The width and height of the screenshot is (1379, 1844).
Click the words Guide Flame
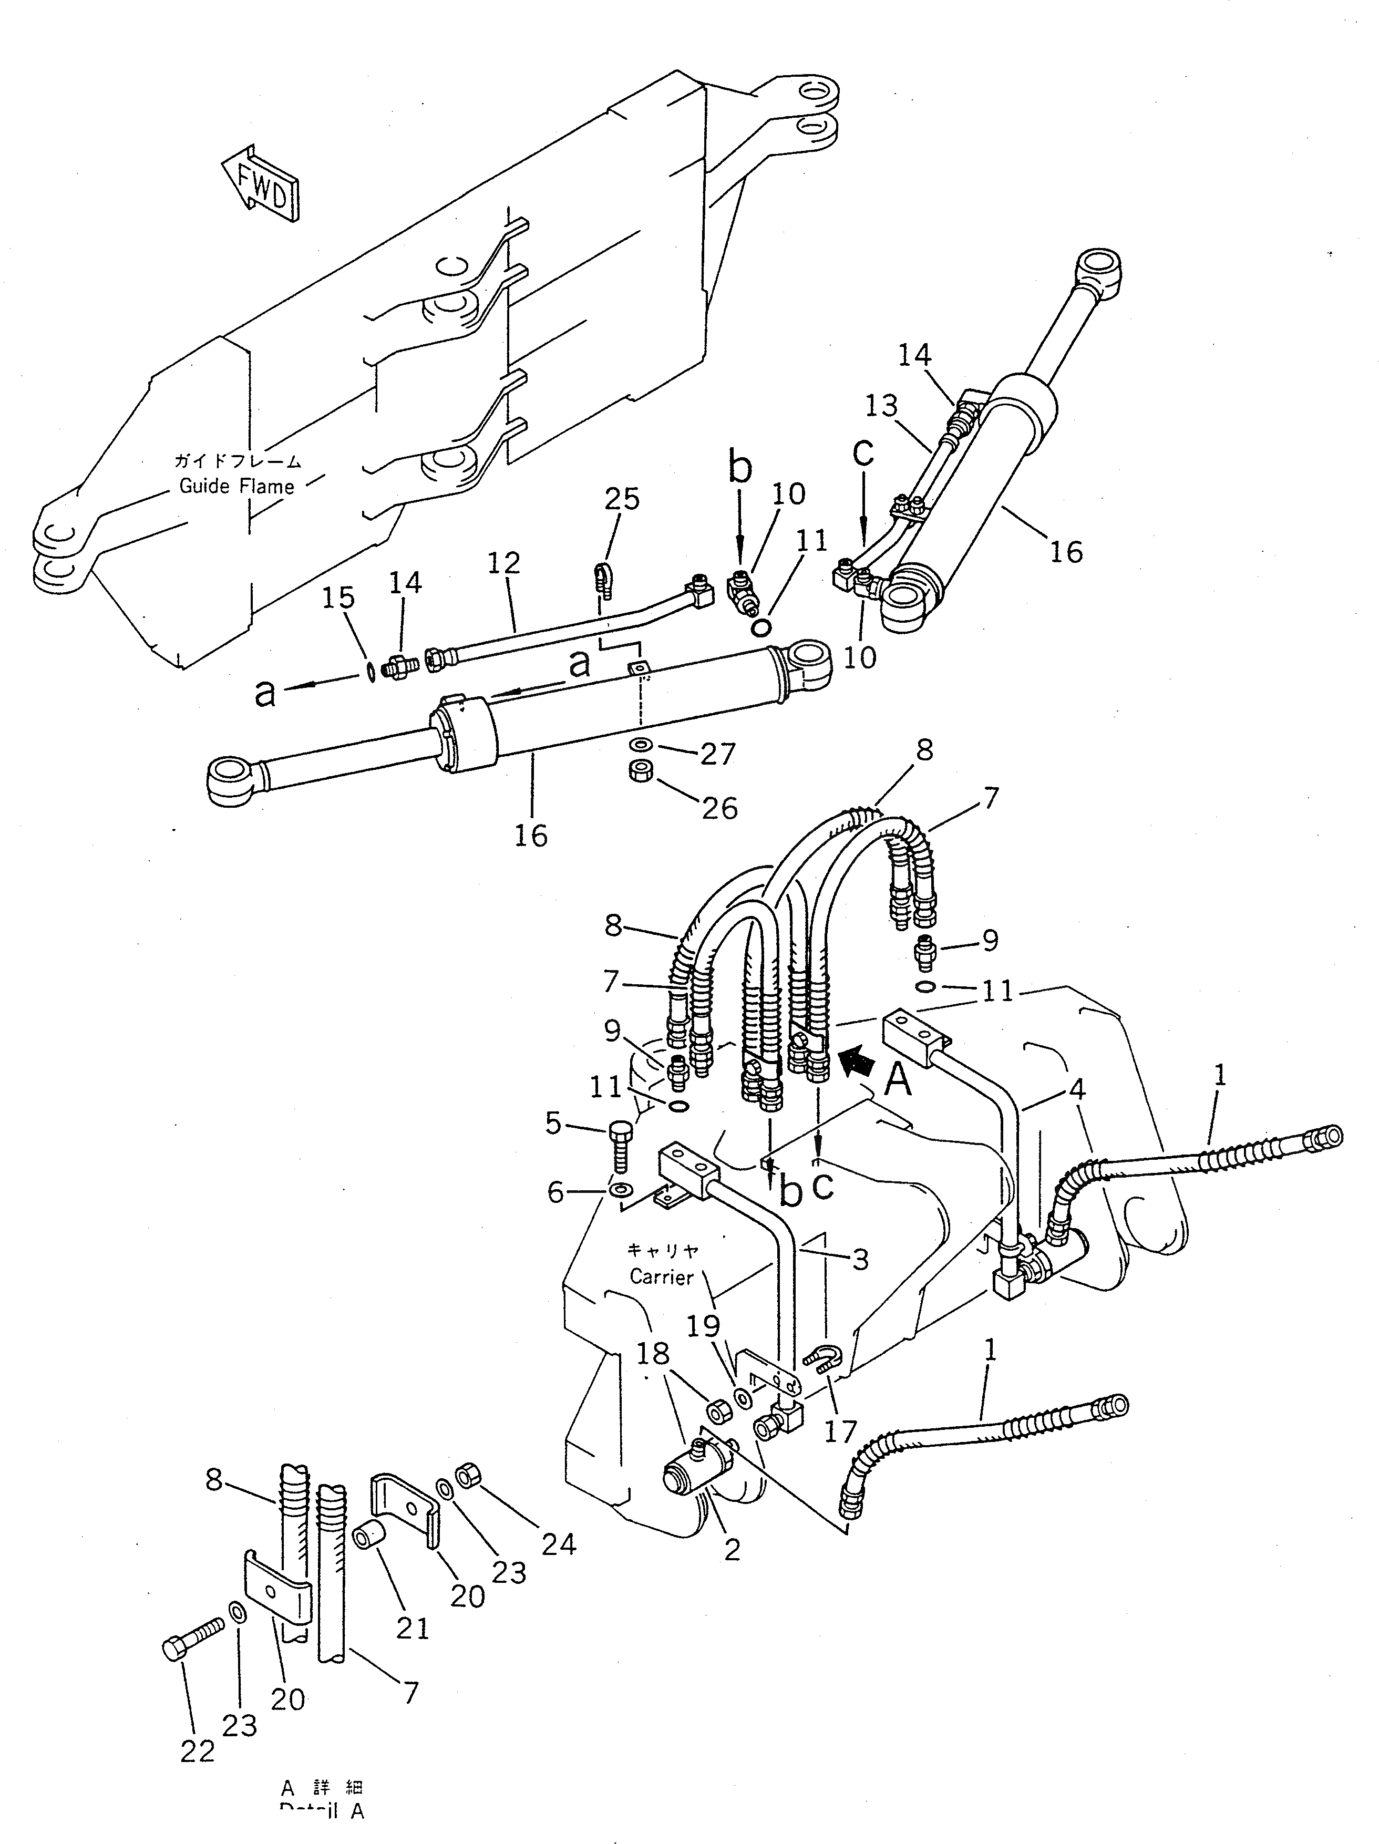(237, 486)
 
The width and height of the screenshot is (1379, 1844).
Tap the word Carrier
(661, 1276)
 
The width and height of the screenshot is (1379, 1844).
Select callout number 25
(622, 499)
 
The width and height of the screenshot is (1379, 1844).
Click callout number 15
(338, 598)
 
